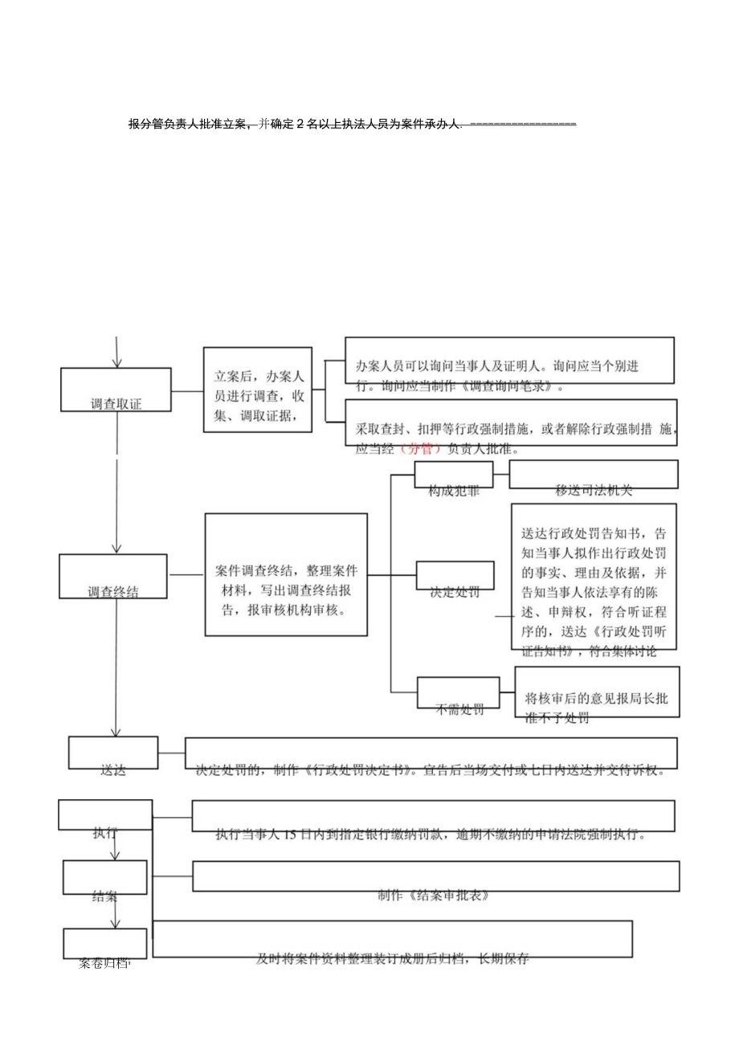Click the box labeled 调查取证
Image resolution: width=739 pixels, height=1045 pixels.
116,390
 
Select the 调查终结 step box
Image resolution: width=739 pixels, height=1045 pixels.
113,577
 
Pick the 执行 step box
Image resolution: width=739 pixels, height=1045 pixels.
105,816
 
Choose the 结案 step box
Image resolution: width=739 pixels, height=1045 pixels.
105,878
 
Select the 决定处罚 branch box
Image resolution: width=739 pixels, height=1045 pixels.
455,578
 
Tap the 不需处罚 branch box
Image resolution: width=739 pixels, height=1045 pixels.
459,694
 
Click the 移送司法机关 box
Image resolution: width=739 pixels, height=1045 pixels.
594,476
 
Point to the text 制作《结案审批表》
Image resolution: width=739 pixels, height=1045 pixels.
434,895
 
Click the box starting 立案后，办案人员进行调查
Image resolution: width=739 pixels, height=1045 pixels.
258,390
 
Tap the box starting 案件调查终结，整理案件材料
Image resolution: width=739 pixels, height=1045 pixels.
287,575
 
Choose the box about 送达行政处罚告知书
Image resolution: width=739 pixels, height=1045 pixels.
594,577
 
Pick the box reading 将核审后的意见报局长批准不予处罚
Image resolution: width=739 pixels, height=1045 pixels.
596,692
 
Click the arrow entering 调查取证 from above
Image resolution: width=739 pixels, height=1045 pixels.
117,352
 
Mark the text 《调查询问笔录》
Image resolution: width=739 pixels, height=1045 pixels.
508,386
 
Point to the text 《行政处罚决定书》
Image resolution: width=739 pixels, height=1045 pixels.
349,770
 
